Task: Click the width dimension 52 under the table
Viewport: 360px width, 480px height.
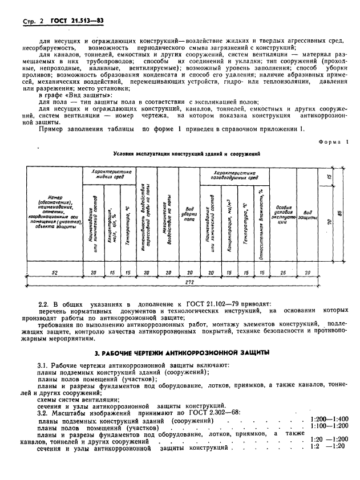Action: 54,272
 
